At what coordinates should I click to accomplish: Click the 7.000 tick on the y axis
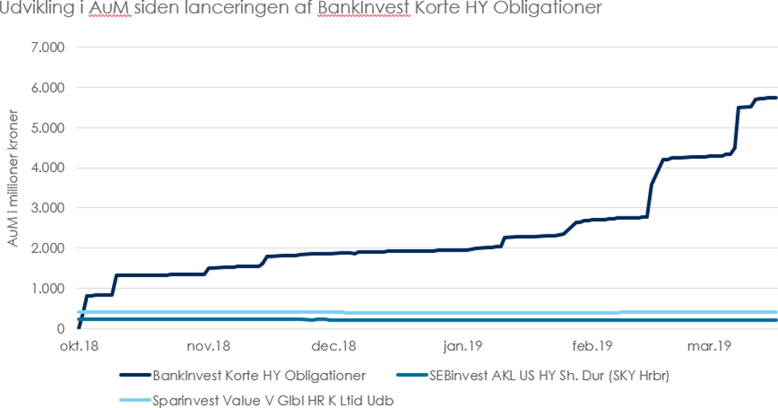click(49, 47)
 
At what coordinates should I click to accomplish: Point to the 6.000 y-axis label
click(49, 87)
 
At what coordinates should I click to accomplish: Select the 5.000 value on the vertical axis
click(49, 128)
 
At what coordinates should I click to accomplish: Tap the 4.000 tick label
click(49, 168)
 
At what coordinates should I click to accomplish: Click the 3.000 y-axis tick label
click(49, 208)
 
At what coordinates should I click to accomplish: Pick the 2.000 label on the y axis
click(49, 248)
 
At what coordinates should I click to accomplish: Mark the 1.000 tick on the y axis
click(49, 289)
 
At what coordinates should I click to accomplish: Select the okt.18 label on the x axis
click(79, 346)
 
